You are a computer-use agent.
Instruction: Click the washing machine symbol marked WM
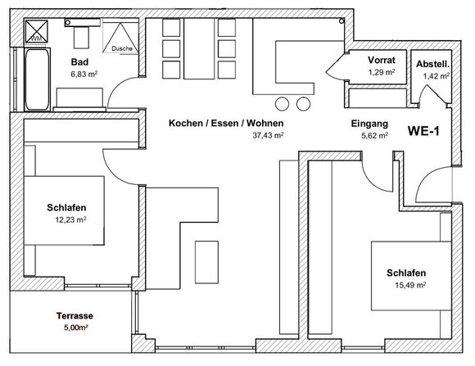pyautogui.click(x=36, y=31)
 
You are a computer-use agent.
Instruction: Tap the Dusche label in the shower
pyautogui.click(x=122, y=48)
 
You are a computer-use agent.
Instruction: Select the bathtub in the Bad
pyautogui.click(x=37, y=79)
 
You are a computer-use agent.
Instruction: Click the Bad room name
pyautogui.click(x=79, y=61)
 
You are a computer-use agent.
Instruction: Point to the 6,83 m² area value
pyautogui.click(x=84, y=74)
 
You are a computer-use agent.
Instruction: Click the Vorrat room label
pyautogui.click(x=382, y=60)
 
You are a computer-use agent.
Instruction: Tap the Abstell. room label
pyautogui.click(x=432, y=64)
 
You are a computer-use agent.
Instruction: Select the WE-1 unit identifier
pyautogui.click(x=423, y=131)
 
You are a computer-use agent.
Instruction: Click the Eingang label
pyautogui.click(x=369, y=124)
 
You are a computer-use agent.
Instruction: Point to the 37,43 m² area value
pyautogui.click(x=268, y=135)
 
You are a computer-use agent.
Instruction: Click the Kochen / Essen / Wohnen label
pyautogui.click(x=226, y=123)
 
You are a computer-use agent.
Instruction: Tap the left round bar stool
pyautogui.click(x=282, y=104)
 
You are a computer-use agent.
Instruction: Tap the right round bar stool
pyautogui.click(x=303, y=104)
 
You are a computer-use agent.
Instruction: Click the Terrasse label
pyautogui.click(x=75, y=316)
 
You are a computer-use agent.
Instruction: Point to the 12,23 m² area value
pyautogui.click(x=70, y=219)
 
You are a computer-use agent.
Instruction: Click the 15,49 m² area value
pyautogui.click(x=410, y=285)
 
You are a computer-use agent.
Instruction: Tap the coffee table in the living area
pyautogui.click(x=206, y=262)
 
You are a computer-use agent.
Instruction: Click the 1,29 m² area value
pyautogui.click(x=382, y=72)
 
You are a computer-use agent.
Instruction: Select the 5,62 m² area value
pyautogui.click(x=375, y=136)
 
